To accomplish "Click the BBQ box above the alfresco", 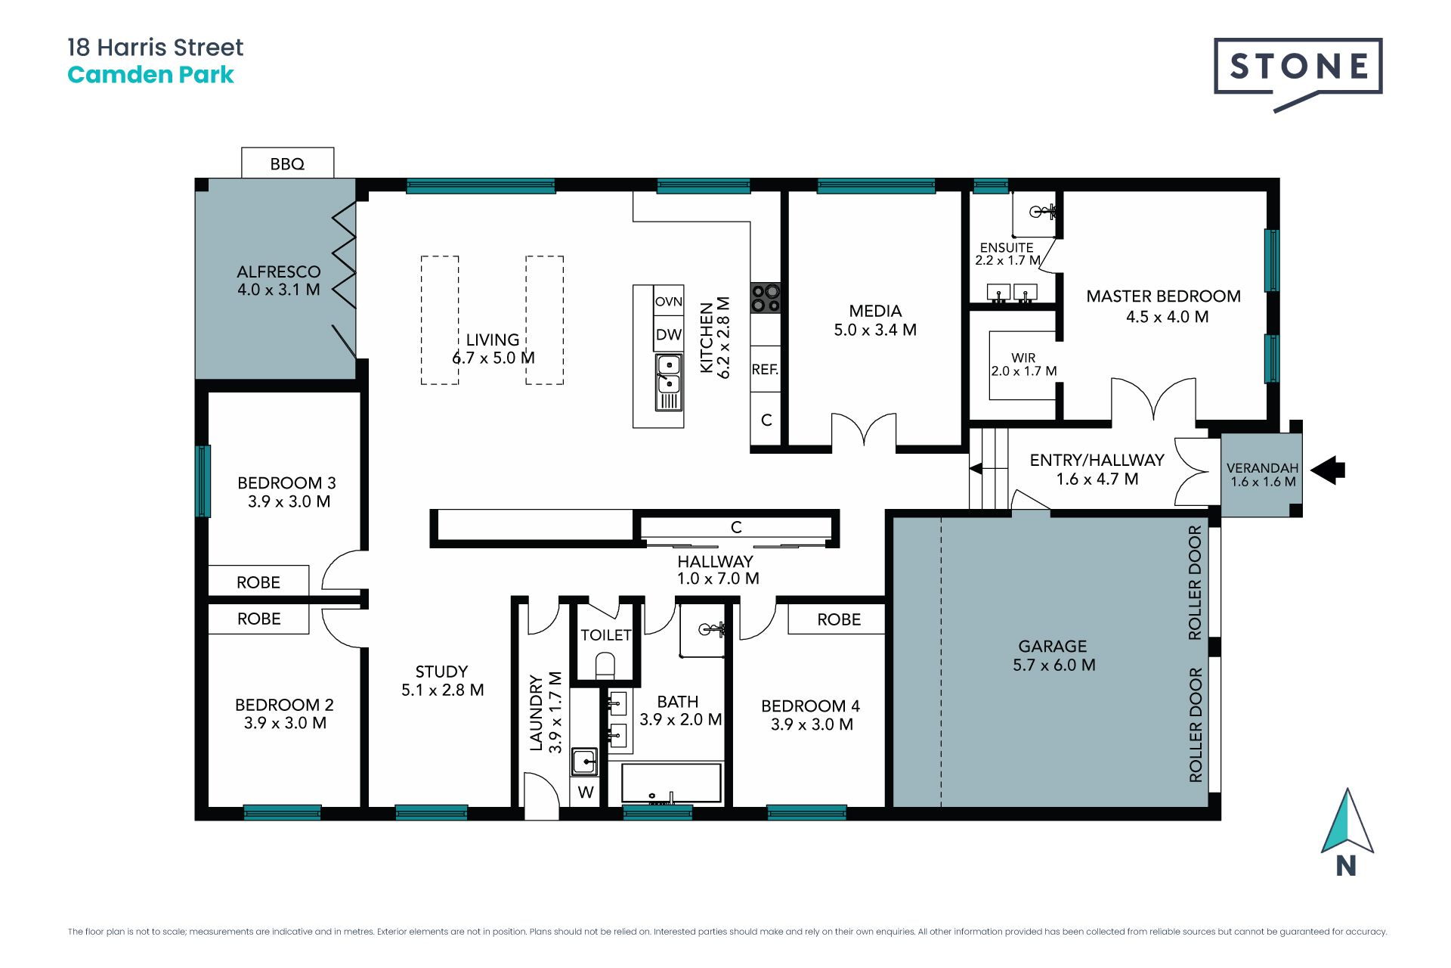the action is click(x=287, y=163).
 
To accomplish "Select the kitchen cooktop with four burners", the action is click(x=765, y=298).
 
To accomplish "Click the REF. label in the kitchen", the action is click(x=765, y=369).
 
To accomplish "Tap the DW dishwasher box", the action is click(x=669, y=334).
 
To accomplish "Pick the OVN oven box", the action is click(x=669, y=301).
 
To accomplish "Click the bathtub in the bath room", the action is click(x=671, y=783).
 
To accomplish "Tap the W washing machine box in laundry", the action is click(x=586, y=792).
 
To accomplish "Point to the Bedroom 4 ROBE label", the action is click(x=839, y=619).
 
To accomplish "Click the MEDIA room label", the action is click(x=875, y=311).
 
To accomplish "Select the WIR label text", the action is click(x=1023, y=358).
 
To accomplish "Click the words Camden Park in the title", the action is click(x=150, y=75).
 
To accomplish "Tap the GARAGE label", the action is click(x=1053, y=646).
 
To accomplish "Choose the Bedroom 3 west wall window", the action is click(x=203, y=481).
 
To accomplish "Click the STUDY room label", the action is click(x=441, y=672).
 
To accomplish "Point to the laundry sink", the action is click(x=584, y=762).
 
